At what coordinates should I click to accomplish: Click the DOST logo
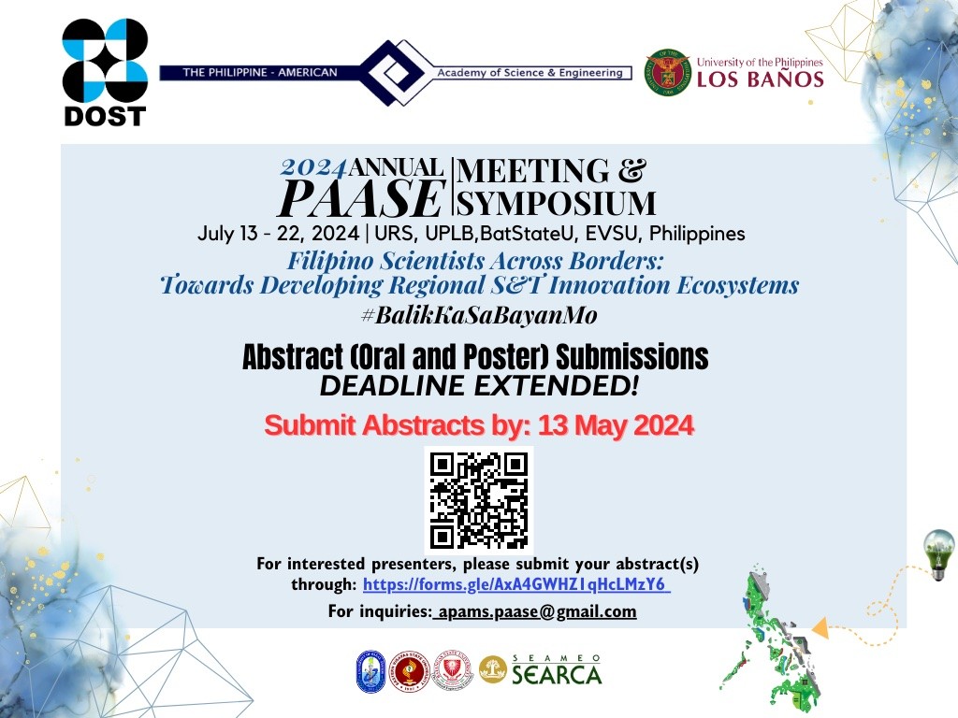pyautogui.click(x=105, y=73)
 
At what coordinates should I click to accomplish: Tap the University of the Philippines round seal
pyautogui.click(x=668, y=73)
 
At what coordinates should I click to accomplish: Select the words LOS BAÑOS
pyautogui.click(x=760, y=79)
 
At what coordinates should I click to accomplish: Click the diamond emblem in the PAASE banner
pyautogui.click(x=387, y=72)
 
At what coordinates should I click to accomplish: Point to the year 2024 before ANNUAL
pyautogui.click(x=314, y=168)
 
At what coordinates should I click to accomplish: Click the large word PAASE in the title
pyautogui.click(x=363, y=197)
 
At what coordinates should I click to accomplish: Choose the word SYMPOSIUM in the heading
pyautogui.click(x=556, y=202)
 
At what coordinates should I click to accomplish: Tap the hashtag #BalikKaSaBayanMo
pyautogui.click(x=478, y=315)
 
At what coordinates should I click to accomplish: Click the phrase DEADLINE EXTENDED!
pyautogui.click(x=478, y=383)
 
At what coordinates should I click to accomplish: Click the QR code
pyautogui.click(x=479, y=499)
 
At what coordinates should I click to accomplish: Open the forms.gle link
pyautogui.click(x=515, y=585)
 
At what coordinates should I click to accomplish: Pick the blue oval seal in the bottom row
pyautogui.click(x=370, y=671)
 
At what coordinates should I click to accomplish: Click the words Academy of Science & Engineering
pyautogui.click(x=530, y=73)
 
